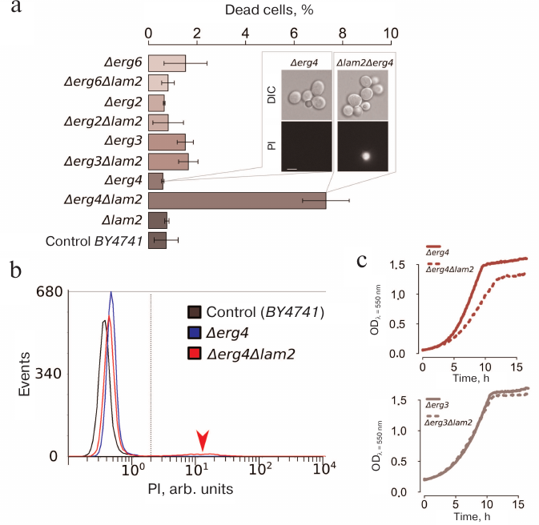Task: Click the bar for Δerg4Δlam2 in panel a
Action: [x=237, y=200]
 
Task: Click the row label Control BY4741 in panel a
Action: [x=95, y=239]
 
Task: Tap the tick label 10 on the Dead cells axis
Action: [x=391, y=34]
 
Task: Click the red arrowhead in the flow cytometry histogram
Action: [x=203, y=439]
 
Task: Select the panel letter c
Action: [x=363, y=260]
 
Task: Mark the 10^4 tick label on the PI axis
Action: [x=324, y=468]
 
